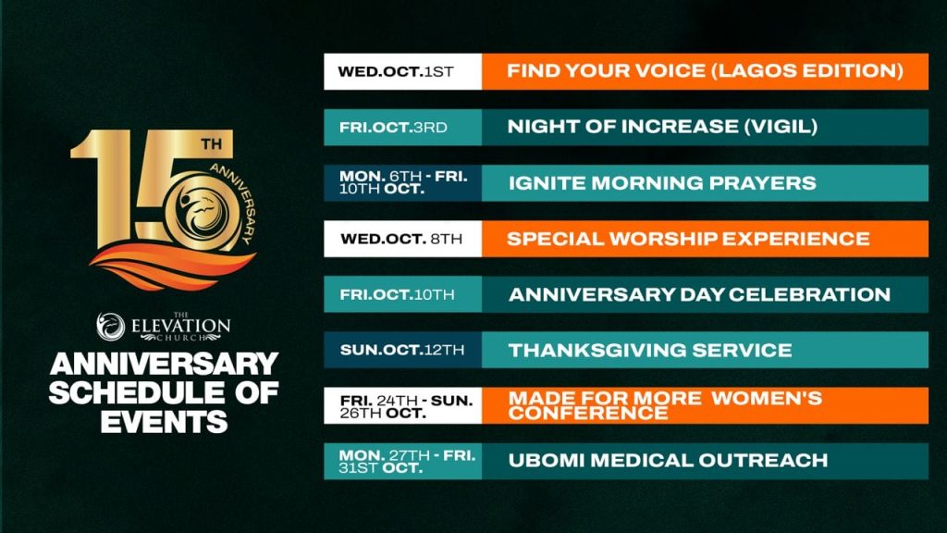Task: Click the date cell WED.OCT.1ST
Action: (403, 71)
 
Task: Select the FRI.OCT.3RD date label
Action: (403, 128)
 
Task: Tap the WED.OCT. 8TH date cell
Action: (403, 239)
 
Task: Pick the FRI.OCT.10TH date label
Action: (403, 294)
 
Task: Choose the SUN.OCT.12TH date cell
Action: (403, 350)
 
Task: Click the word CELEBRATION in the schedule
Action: (809, 294)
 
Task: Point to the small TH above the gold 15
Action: (212, 144)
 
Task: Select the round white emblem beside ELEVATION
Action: (111, 327)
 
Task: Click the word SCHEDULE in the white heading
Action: (136, 392)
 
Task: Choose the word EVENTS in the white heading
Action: (164, 422)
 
